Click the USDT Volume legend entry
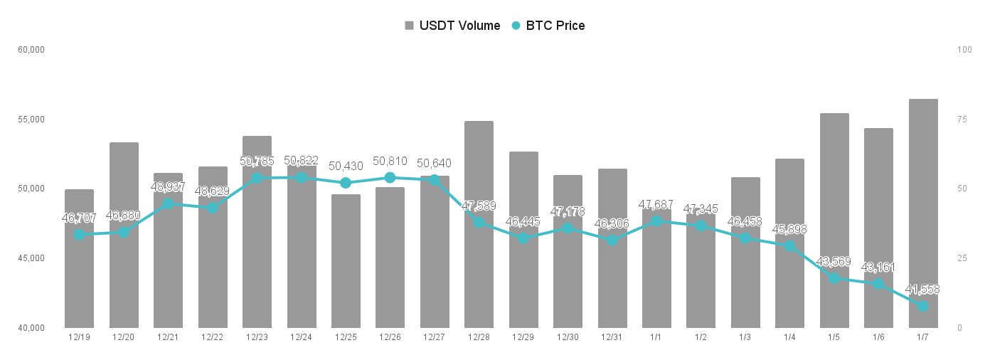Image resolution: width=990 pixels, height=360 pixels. point(452,26)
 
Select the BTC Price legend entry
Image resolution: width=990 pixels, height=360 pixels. point(548,26)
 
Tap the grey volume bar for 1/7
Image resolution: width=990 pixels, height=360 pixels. point(923,213)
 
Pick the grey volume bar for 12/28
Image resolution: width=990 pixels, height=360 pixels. point(479,224)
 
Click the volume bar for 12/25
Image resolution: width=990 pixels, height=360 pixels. point(346,261)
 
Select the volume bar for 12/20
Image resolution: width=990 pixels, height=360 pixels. point(124,235)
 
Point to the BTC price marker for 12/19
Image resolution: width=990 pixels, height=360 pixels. point(80,234)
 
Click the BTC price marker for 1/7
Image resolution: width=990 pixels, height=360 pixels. point(923,306)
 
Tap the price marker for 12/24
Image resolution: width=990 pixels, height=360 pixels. point(302,177)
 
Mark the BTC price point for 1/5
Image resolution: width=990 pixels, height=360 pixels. point(834,278)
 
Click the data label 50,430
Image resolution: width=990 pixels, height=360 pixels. point(346,166)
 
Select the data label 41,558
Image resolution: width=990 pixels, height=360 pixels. point(922,290)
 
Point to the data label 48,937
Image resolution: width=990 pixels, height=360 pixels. point(168,186)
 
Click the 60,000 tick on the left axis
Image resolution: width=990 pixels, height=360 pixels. point(31,50)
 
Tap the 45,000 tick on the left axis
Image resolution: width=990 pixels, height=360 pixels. point(31,258)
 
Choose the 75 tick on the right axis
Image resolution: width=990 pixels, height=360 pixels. point(962,120)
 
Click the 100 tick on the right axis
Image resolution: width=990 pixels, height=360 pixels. point(964,50)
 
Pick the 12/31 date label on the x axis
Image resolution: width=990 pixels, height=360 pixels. point(612,337)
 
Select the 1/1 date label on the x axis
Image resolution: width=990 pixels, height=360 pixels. point(656,337)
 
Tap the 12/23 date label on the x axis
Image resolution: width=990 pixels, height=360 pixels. point(257,337)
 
